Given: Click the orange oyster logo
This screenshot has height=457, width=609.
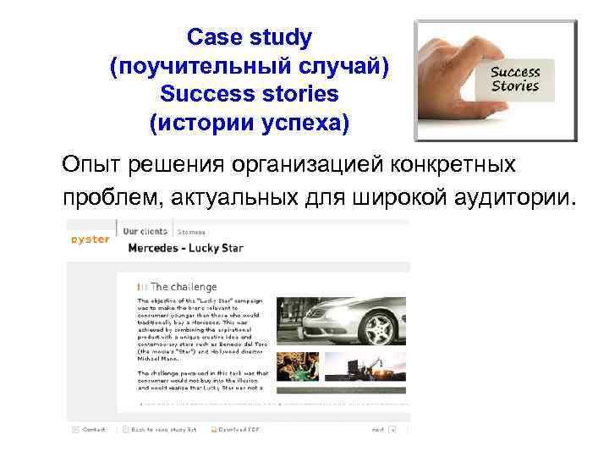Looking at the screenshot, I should [90, 240].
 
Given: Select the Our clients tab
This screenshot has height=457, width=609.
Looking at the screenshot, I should [146, 230].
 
